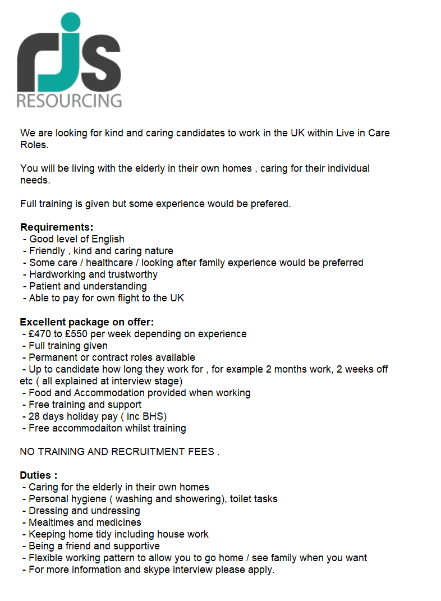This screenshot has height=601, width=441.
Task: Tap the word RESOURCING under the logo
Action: (x=69, y=100)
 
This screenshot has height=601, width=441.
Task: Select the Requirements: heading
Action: (x=57, y=227)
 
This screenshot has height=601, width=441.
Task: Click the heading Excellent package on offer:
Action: (x=86, y=322)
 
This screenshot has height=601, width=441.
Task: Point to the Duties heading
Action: (x=38, y=475)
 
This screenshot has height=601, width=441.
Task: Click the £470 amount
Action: (x=40, y=334)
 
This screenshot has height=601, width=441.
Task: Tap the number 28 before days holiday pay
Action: (x=35, y=416)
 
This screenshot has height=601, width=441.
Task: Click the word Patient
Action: (x=46, y=286)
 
